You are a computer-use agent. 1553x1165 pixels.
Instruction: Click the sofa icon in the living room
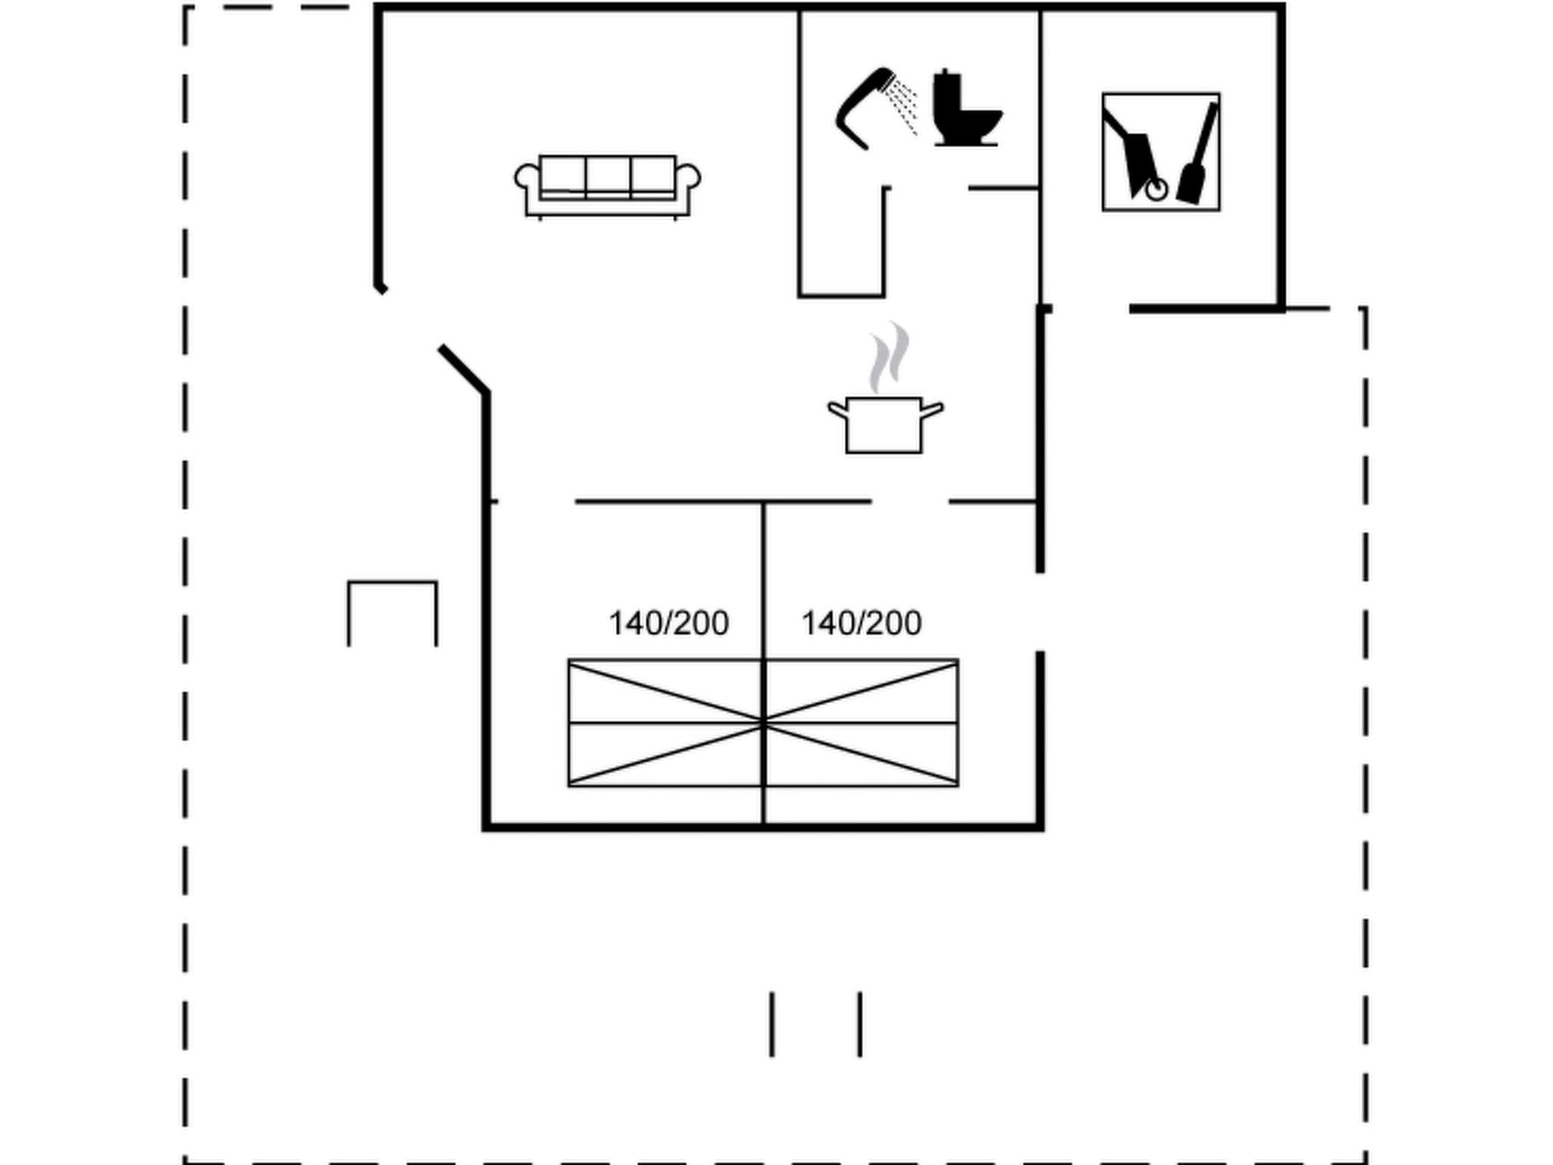tap(607, 187)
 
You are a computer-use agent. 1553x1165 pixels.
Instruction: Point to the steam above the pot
tap(889, 356)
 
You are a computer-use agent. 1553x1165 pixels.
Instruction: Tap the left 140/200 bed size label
tap(668, 623)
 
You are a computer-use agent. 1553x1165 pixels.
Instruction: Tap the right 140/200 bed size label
tap(861, 623)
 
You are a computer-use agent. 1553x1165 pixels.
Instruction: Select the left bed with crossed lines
tap(665, 723)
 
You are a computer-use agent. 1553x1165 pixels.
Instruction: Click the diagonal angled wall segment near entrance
tap(463, 369)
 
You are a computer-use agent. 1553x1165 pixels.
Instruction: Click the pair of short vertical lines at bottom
tap(816, 1024)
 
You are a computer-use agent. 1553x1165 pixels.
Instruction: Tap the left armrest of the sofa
tap(526, 179)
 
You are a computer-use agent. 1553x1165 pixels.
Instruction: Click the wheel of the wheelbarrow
tap(1156, 190)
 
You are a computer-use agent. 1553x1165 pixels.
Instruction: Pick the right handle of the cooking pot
tap(932, 410)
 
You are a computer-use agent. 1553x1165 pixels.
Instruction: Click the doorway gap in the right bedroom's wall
tap(1040, 611)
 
